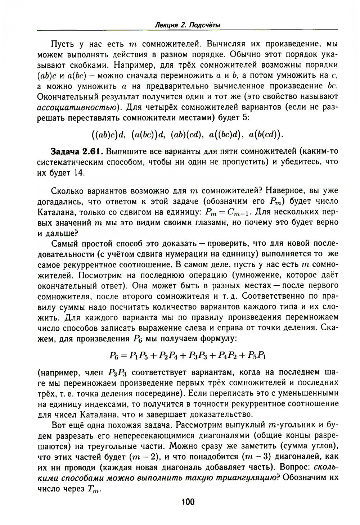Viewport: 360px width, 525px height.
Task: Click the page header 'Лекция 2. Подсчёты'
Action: (187, 25)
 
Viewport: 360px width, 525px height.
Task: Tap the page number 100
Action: (187, 502)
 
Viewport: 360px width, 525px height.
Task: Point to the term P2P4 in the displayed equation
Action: (166, 356)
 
